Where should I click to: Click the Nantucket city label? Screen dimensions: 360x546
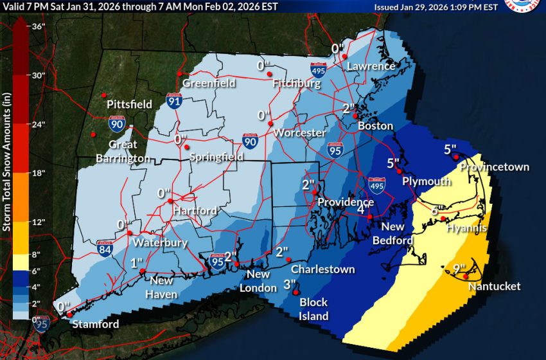click(494, 286)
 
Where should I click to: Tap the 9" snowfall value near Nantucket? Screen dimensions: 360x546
click(451, 269)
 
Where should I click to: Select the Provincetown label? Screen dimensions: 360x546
click(494, 167)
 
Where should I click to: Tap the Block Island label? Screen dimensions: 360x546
click(313, 309)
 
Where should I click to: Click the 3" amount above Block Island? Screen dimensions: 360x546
click(289, 283)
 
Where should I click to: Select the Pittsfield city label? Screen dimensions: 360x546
click(130, 104)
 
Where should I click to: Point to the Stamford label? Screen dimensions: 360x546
click(94, 323)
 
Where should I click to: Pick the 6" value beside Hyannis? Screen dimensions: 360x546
click(436, 210)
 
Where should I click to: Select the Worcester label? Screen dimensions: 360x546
click(299, 132)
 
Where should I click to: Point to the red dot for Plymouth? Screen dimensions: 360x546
click(399, 171)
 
